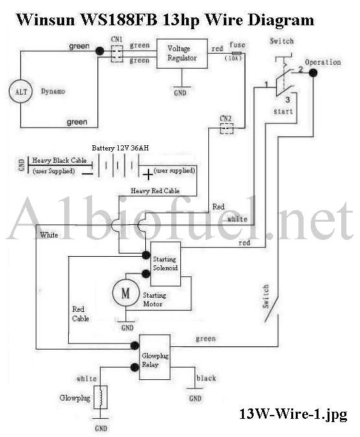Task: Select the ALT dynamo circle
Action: click(21, 91)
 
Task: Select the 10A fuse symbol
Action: click(237, 53)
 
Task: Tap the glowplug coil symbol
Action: click(101, 397)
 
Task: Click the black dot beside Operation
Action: click(313, 73)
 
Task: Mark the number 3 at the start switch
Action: click(287, 99)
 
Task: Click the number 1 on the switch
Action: click(267, 84)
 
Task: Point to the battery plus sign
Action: click(148, 175)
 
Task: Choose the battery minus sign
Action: click(88, 174)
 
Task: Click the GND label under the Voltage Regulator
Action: click(180, 93)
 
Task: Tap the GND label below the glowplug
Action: click(101, 428)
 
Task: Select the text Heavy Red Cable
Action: click(155, 191)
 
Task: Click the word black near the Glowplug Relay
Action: click(206, 378)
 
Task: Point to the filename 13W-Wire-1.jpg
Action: click(293, 414)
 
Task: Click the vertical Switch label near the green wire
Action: click(266, 296)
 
